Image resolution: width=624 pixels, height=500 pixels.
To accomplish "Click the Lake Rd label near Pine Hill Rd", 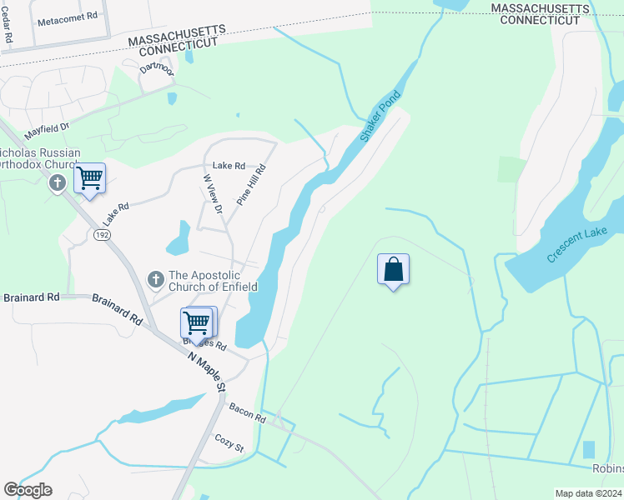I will [x=229, y=166].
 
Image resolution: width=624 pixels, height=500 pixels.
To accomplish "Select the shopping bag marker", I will [x=393, y=269].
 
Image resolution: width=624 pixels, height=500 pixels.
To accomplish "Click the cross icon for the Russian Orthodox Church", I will [x=58, y=182].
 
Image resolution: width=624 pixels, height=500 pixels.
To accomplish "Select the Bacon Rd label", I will [x=248, y=412].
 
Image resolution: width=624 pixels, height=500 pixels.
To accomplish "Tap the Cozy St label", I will [x=229, y=442].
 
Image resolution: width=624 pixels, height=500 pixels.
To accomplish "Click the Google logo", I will [x=28, y=490].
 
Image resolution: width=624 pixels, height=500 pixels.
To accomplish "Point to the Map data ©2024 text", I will [x=588, y=493].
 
